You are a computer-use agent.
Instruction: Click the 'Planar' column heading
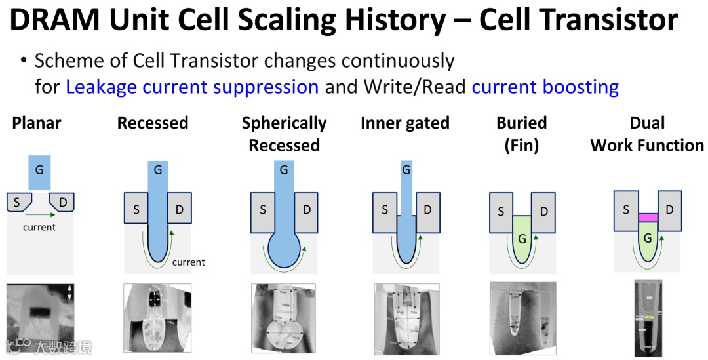[37, 123]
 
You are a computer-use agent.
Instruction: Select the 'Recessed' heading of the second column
[153, 123]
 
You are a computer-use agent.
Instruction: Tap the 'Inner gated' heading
[405, 123]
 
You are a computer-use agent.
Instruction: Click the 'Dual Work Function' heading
[647, 134]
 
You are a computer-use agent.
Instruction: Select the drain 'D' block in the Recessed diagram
[179, 209]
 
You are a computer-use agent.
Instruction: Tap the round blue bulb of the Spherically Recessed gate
[284, 250]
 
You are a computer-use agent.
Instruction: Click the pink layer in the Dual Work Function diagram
[648, 218]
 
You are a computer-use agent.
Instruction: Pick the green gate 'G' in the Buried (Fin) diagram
[522, 239]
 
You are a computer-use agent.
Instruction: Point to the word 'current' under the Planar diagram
[39, 227]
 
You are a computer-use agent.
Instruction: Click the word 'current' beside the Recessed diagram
[189, 262]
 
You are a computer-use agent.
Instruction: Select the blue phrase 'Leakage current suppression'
[192, 87]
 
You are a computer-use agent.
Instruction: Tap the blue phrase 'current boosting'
[545, 87]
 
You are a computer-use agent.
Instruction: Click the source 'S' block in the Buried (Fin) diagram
[501, 212]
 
